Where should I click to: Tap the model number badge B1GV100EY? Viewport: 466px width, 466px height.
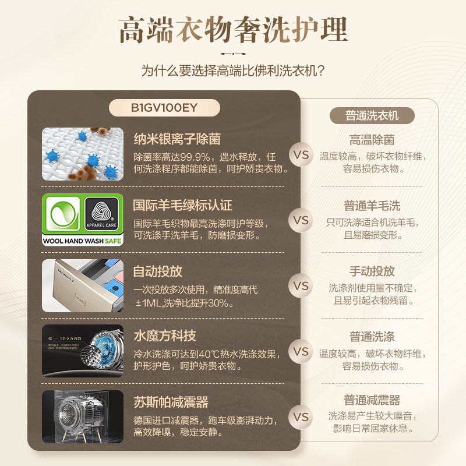coord(165,108)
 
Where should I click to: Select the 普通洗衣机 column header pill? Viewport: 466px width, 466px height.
coord(372,115)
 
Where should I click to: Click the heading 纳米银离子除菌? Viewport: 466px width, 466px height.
coord(177,140)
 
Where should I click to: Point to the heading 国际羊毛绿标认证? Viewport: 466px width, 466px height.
coord(183,205)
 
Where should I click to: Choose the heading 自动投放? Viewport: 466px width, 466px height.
coord(158,271)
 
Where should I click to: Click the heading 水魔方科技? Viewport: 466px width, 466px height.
coord(165,336)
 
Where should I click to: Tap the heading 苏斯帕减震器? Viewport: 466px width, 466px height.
coord(171,402)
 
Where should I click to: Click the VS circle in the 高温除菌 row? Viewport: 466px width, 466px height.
coord(301,156)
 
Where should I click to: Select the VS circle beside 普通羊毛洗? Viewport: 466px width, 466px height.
coord(301,221)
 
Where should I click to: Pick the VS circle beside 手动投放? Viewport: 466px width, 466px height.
coord(301,286)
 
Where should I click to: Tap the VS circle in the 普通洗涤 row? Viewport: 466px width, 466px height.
coord(301,352)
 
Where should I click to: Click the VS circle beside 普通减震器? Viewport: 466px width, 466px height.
coord(301,417)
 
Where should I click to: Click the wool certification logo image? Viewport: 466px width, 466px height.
coord(82,221)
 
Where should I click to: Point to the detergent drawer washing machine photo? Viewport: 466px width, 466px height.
coord(82,286)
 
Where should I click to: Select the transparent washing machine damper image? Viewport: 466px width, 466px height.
coord(82,417)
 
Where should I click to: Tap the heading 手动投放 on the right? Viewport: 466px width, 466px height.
coord(372,271)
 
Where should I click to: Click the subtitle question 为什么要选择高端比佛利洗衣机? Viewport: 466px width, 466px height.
coord(233,71)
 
